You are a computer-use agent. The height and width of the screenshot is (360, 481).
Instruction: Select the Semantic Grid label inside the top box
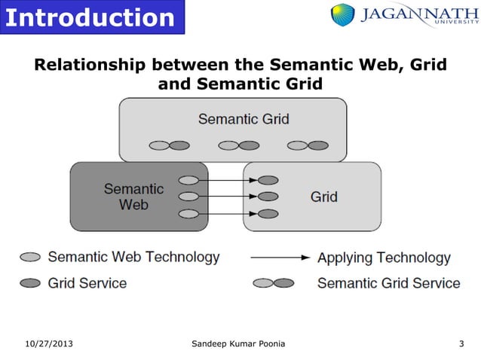tap(243, 119)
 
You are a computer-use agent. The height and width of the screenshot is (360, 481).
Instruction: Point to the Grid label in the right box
tap(323, 197)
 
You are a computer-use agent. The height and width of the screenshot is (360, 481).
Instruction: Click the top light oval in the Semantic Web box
tap(189, 181)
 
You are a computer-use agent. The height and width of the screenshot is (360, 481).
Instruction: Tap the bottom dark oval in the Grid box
tap(268, 214)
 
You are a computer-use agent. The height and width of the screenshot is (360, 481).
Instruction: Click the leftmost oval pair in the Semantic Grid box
tap(169, 145)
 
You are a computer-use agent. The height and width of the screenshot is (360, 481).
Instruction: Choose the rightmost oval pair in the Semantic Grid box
tap(308, 145)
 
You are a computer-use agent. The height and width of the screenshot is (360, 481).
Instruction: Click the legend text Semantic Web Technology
tap(133, 257)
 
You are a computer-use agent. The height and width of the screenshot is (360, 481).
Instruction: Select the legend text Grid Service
tap(87, 283)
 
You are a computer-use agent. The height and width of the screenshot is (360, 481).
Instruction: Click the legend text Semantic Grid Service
tap(388, 283)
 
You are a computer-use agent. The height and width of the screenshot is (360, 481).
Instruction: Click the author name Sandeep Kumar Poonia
tap(238, 344)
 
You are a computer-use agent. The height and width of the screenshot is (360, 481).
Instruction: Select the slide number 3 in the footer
tap(461, 344)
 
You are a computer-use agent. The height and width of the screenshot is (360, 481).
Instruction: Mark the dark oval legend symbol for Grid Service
tap(30, 283)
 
